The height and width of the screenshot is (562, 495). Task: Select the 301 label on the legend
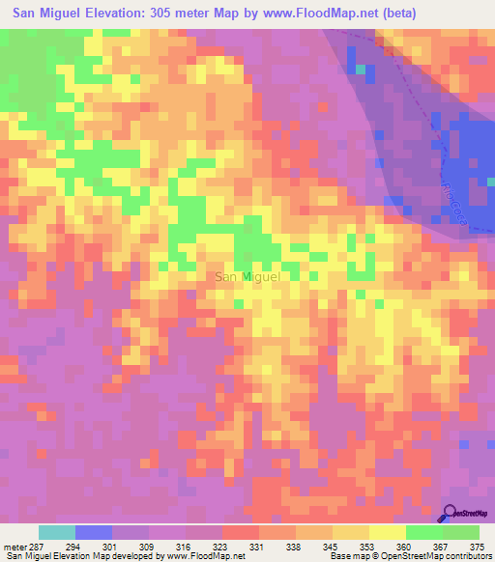coord(111,547)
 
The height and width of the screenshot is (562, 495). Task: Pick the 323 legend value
coord(221,547)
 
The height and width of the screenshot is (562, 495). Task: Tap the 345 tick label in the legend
coord(331,547)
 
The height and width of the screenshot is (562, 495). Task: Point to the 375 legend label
coord(478,547)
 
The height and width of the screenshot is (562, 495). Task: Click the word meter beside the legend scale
coord(14,547)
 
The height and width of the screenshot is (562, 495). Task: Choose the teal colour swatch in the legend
coord(57,532)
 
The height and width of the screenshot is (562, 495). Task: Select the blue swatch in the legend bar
coord(94,532)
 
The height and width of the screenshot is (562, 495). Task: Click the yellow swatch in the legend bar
coord(387,532)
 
